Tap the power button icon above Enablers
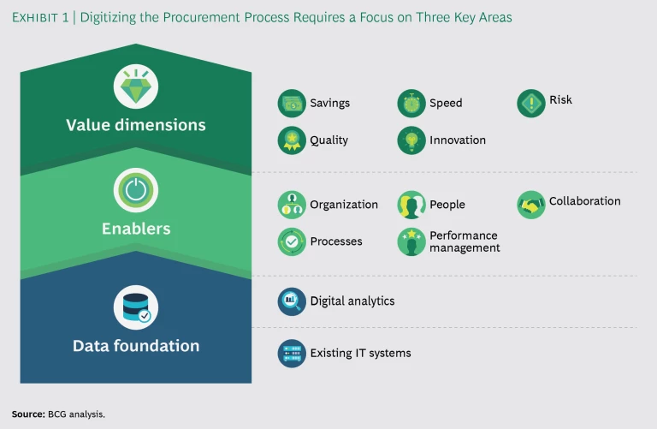136,190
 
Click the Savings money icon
292,104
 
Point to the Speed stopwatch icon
411,104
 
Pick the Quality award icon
292,140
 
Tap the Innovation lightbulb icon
411,140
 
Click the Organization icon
292,205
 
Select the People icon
411,205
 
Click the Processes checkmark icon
292,241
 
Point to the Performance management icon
411,241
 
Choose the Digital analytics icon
292,301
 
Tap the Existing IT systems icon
292,353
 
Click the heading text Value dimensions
136,125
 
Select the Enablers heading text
136,229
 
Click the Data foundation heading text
136,346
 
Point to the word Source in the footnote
27,414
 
